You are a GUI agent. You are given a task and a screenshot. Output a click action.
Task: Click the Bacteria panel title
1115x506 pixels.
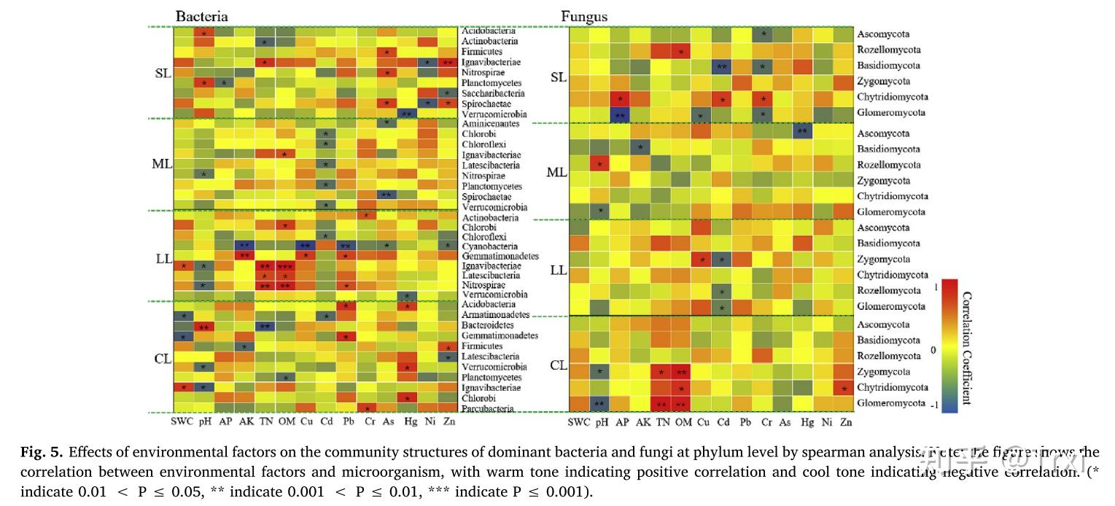point(201,16)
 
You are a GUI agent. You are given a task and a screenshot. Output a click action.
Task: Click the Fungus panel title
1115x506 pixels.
point(583,17)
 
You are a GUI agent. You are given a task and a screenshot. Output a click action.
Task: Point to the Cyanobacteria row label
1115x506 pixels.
point(489,246)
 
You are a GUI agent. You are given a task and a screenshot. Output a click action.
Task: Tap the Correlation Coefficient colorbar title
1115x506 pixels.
point(966,349)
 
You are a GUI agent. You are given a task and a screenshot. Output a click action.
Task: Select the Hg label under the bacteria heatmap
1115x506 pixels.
point(410,421)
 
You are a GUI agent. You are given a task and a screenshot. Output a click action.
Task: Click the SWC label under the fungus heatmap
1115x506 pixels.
point(579,421)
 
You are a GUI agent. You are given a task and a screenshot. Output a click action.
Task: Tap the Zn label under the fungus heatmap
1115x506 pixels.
point(844,421)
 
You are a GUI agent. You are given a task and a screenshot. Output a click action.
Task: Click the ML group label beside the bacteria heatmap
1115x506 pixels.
point(161,164)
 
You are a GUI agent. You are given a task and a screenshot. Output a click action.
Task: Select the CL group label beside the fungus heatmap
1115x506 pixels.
point(559,365)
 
